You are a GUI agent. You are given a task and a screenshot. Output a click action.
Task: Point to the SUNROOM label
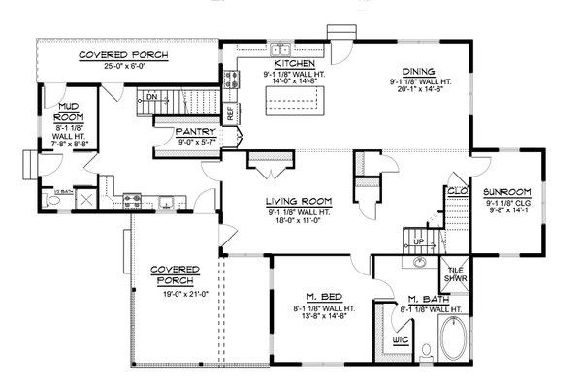[507, 192]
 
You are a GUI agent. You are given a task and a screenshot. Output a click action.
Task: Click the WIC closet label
[401, 340]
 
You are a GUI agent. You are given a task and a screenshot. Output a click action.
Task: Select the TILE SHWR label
[453, 276]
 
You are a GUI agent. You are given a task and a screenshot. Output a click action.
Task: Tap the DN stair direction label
[152, 98]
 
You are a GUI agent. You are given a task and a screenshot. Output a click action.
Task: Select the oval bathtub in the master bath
[452, 342]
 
